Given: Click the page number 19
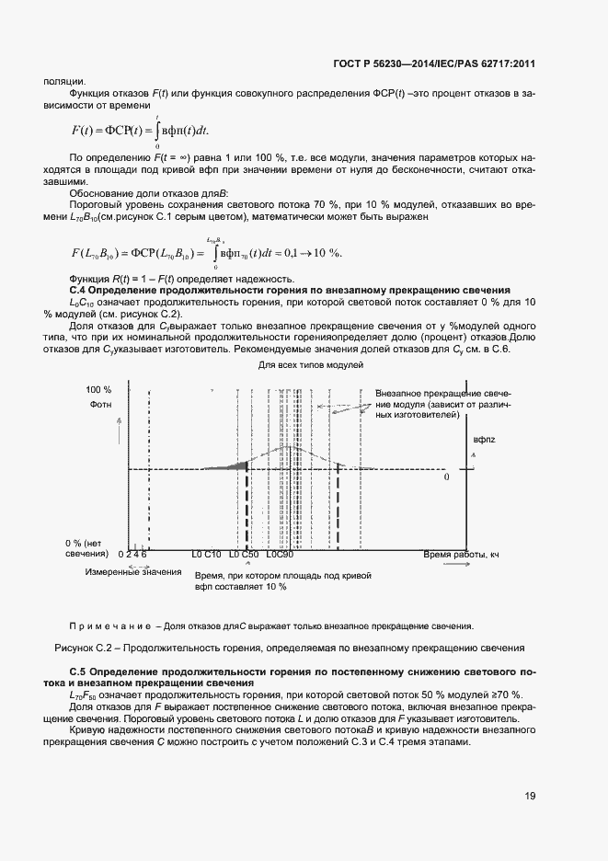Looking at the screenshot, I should [528, 796].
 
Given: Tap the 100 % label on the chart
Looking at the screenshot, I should [98, 390].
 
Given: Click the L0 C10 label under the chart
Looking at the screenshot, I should [206, 555].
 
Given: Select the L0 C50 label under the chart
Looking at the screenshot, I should [244, 555].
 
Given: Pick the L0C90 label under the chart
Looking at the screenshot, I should [280, 555].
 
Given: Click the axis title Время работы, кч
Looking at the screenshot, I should [460, 555].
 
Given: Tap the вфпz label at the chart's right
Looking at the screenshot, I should [484, 441].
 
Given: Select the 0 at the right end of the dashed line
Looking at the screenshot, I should [447, 478].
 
